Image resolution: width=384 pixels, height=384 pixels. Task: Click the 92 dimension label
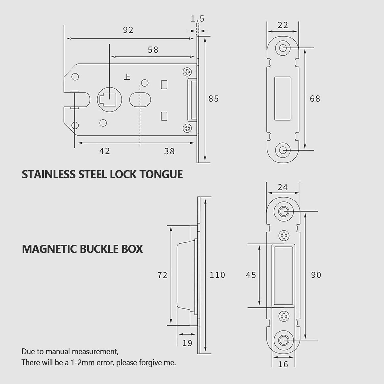[x=128, y=30]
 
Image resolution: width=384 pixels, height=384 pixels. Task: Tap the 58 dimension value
[x=153, y=50]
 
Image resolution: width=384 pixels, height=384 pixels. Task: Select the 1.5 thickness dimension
[x=197, y=19]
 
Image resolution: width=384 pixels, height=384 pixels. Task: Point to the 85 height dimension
[x=214, y=99]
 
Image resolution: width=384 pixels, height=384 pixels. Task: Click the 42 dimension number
[x=104, y=151]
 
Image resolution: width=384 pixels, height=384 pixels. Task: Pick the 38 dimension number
[x=169, y=151]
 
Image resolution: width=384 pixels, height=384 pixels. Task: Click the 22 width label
[x=283, y=25]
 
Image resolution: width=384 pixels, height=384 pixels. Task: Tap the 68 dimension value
[x=315, y=99]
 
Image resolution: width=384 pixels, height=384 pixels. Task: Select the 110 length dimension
[x=217, y=275]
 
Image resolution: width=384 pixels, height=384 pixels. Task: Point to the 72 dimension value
[x=162, y=275]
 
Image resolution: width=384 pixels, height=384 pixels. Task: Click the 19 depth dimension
[x=187, y=343]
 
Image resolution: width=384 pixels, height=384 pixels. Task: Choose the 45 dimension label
[x=251, y=275]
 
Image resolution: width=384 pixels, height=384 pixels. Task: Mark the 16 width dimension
[x=283, y=364]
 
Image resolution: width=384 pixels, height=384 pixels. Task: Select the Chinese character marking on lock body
[x=127, y=77]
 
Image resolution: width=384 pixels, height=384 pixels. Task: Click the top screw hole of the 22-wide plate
[x=283, y=48]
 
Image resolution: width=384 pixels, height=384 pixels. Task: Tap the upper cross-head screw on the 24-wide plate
[x=284, y=235]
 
